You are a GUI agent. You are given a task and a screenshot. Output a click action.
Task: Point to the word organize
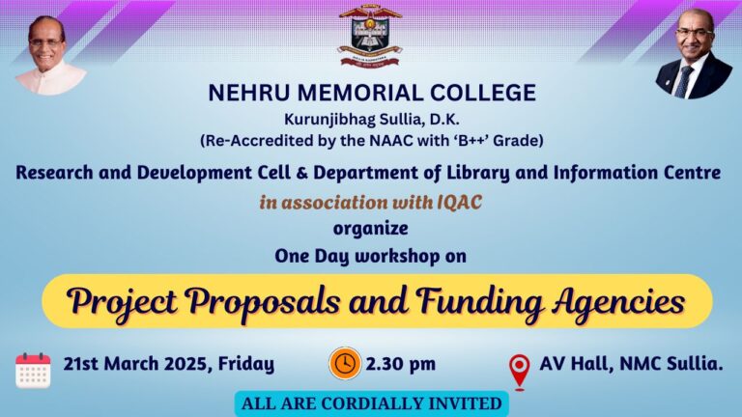370,229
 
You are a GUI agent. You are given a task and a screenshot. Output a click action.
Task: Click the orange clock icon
345,364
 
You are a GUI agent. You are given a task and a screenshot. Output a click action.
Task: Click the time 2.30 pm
401,364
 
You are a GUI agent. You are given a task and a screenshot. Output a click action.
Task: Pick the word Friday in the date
246,364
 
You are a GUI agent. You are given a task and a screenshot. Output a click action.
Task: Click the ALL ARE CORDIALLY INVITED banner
370,403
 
